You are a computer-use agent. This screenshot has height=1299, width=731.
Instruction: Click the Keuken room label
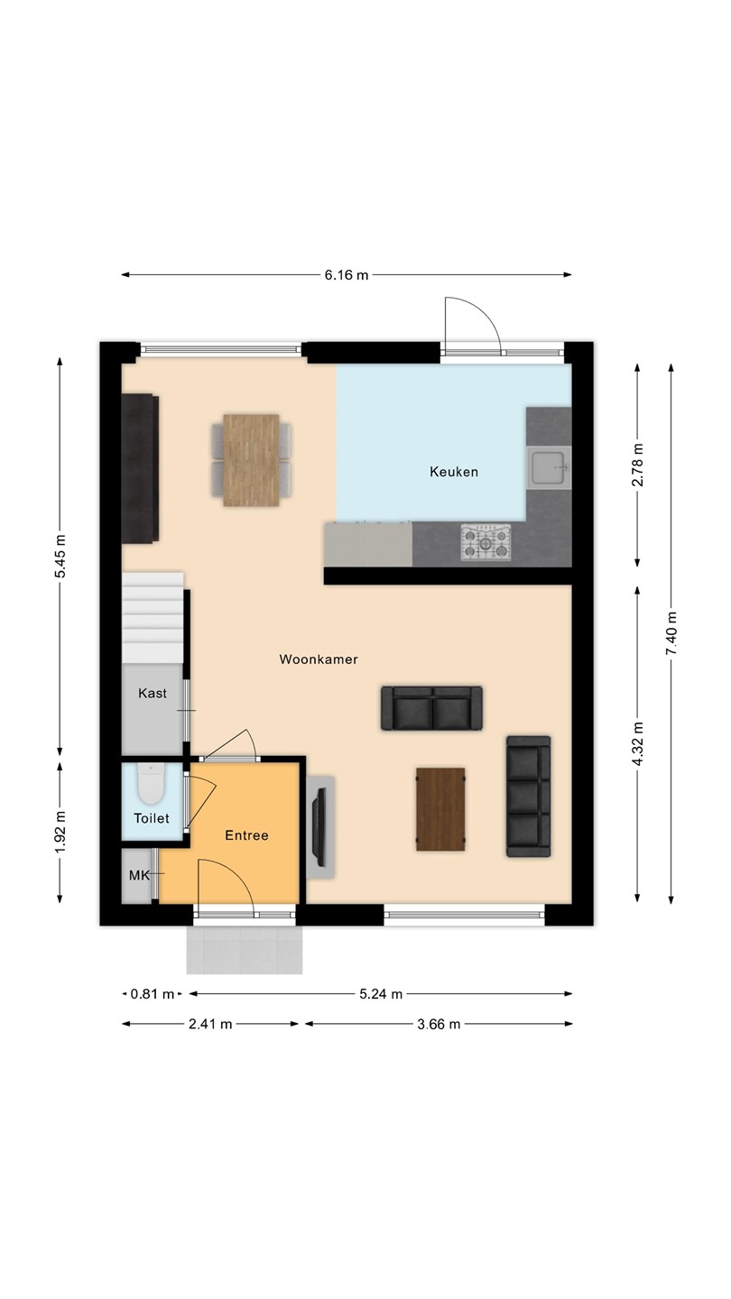pos(454,472)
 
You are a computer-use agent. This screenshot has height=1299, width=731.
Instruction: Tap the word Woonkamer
pos(319,659)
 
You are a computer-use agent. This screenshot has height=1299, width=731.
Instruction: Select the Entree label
pos(246,835)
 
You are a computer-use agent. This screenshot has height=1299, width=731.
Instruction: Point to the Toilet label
pos(152,818)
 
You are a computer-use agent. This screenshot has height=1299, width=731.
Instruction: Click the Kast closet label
pos(153,693)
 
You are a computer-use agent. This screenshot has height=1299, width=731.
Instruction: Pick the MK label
pos(139,875)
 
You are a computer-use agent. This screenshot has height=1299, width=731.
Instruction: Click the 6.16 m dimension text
pos(347,275)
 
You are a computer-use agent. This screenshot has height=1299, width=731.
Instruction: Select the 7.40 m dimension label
pos(671,633)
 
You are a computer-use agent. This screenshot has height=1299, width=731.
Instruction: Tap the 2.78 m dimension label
pos(637,465)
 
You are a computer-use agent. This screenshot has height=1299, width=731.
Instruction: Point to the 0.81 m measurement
pos(152,994)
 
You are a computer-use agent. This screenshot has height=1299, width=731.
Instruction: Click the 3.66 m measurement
pos(439,1024)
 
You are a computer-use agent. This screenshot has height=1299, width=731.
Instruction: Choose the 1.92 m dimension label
pos(60,832)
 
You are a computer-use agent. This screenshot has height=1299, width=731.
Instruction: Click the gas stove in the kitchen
pos(486,543)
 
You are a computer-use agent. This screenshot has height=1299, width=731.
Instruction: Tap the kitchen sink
pos(549,467)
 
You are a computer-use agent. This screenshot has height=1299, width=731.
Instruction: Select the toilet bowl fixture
pos(152,784)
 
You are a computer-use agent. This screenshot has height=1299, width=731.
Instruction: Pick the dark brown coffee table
pos(441,809)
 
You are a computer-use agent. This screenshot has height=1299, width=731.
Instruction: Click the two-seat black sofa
pos(431,708)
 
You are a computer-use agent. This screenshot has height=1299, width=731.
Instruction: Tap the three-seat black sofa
pos(529,797)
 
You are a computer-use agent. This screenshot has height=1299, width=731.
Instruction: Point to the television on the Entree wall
pos(319,826)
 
